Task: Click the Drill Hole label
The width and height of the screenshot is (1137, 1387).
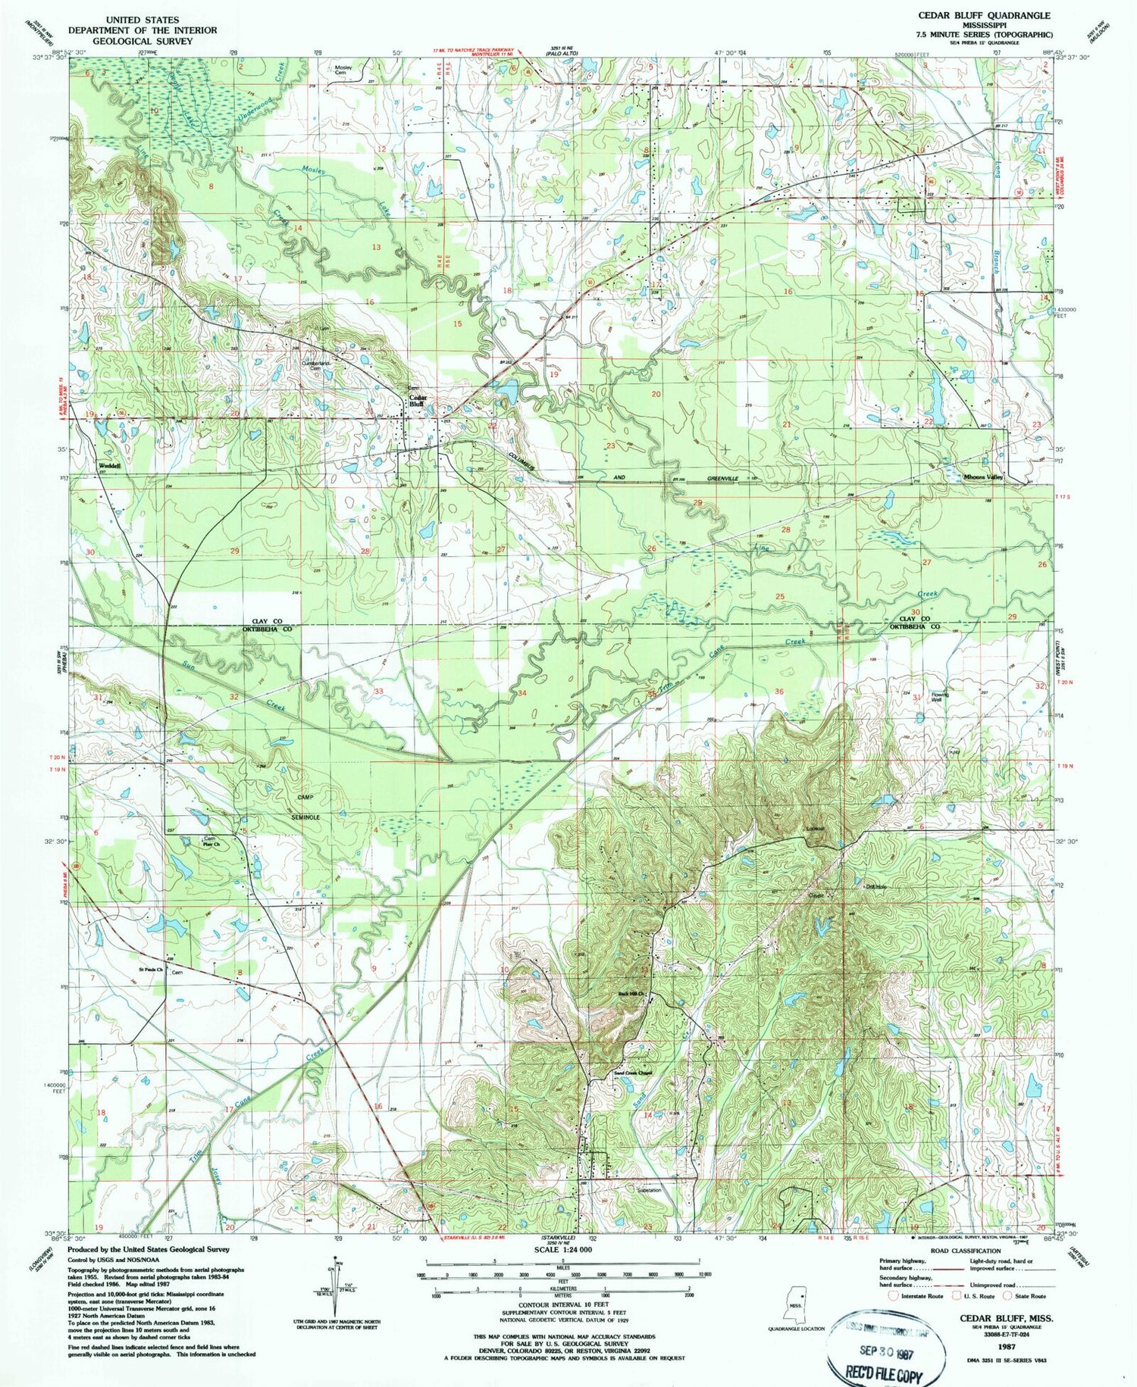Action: [x=876, y=886]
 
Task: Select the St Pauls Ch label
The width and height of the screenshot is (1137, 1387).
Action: [x=150, y=969]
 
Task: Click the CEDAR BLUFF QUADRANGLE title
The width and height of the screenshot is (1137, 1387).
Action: [x=984, y=15]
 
